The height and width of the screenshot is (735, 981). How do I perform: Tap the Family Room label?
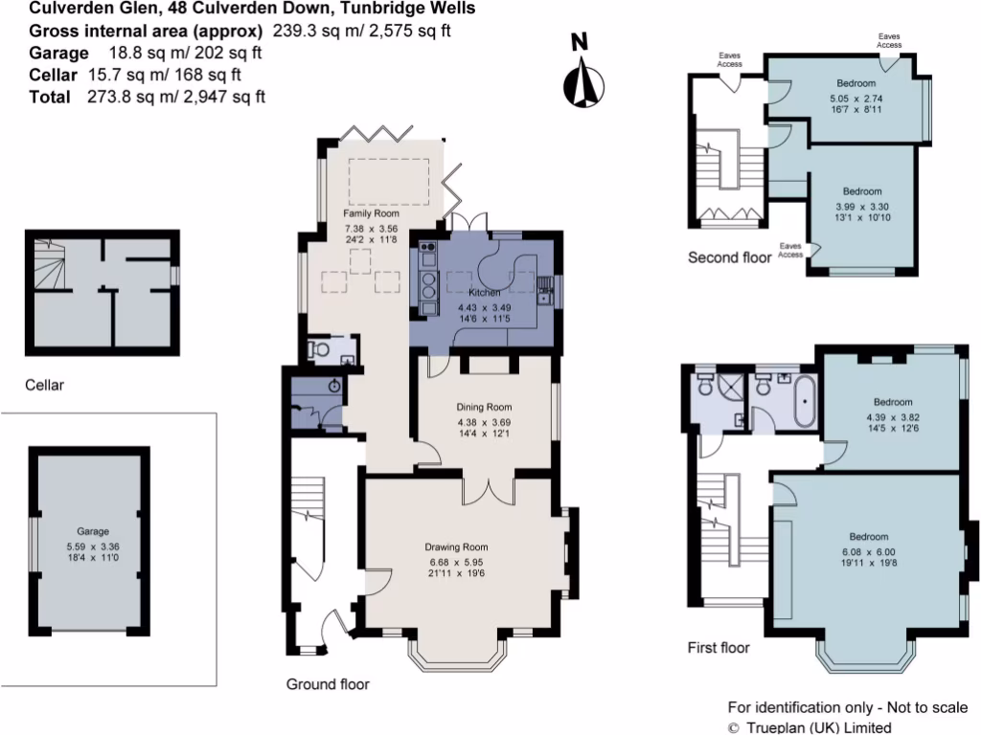(x=371, y=213)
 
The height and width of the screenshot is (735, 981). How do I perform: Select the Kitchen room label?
(x=485, y=291)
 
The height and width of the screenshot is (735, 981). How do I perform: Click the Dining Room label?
(x=484, y=407)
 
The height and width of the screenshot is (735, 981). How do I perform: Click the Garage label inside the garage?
(x=93, y=531)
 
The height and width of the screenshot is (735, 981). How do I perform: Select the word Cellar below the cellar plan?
(x=44, y=386)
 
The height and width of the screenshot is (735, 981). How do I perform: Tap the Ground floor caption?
(x=328, y=684)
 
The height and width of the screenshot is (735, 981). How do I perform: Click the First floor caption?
(x=719, y=648)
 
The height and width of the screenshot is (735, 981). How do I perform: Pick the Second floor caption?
(x=729, y=257)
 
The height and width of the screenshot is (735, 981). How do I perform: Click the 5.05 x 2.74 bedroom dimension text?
(x=856, y=98)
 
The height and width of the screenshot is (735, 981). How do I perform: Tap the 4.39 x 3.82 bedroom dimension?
(x=892, y=417)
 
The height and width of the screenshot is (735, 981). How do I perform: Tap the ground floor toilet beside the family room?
(x=320, y=351)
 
